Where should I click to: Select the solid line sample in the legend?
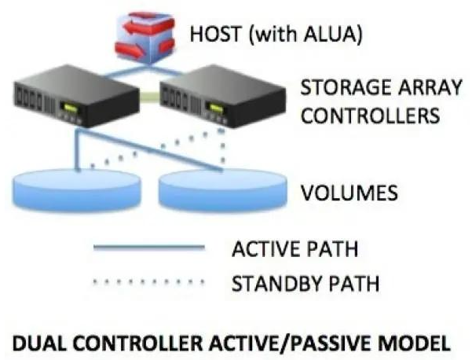click(x=148, y=248)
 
